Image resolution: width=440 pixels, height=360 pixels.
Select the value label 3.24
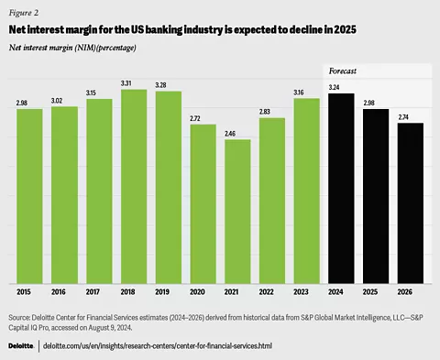[x=340, y=87]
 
